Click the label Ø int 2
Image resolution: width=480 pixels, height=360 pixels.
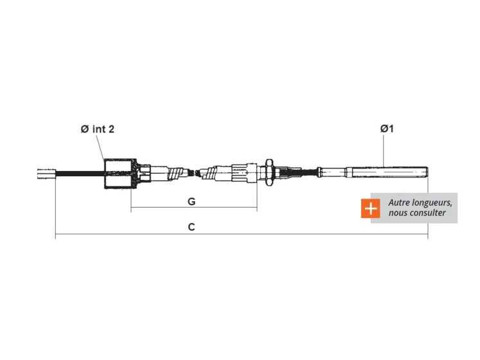tap(97, 129)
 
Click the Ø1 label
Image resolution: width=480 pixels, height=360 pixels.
tap(387, 129)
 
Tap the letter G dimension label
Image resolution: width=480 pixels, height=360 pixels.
tap(191, 201)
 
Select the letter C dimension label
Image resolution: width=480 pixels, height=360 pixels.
tap(191, 227)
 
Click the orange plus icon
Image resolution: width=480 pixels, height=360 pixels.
tap(370, 208)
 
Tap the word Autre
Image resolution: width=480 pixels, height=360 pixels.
tap(399, 203)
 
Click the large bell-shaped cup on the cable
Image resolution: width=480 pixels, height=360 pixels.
tap(120, 174)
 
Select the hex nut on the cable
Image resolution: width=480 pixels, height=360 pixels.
tap(269, 172)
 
